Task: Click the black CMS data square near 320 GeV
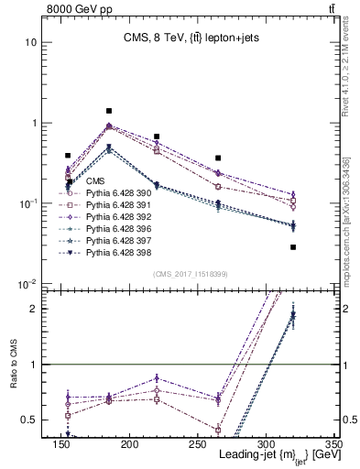293,247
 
